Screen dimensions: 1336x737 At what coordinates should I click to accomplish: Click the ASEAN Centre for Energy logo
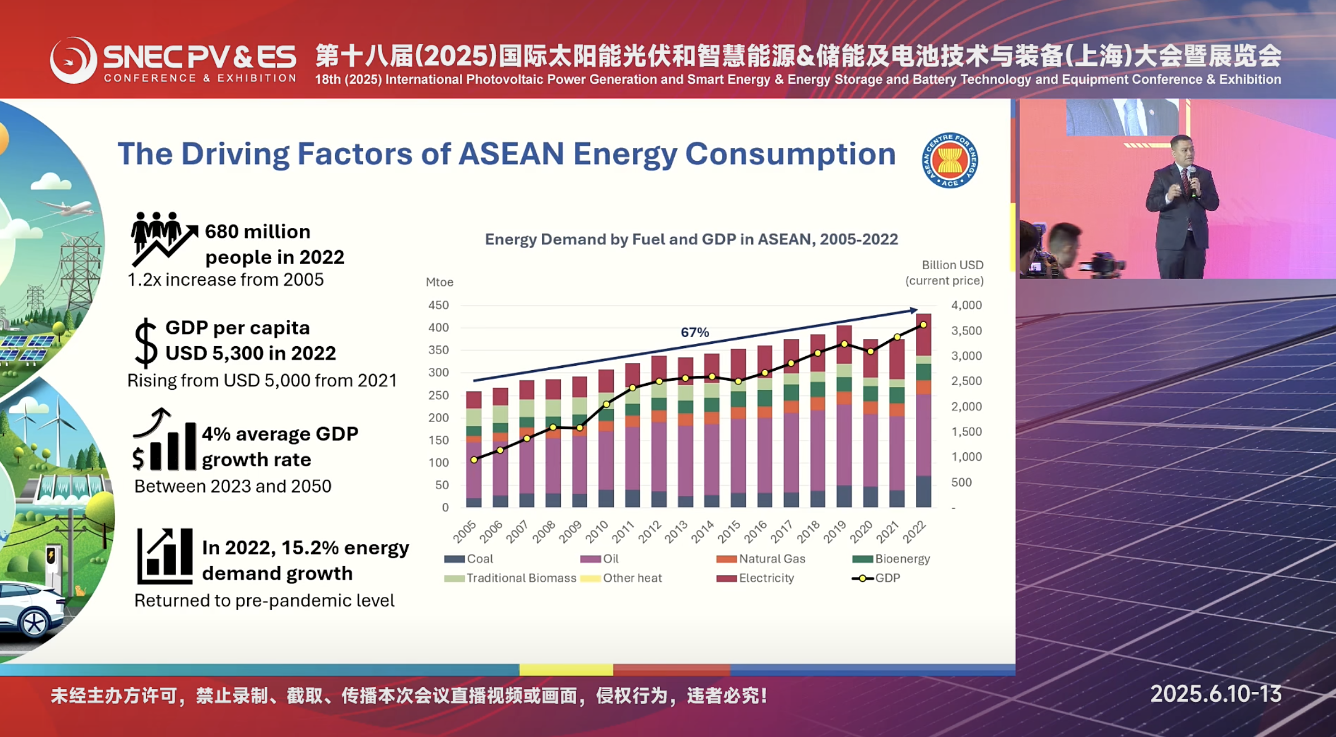click(950, 160)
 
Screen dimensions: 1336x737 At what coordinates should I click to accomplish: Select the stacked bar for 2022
click(924, 410)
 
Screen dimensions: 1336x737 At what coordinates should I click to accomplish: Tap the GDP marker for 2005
click(474, 460)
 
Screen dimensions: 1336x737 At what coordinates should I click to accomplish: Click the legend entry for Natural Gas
click(761, 558)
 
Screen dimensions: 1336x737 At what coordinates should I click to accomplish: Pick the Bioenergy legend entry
click(891, 558)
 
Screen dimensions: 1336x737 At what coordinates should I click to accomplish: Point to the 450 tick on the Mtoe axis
click(438, 305)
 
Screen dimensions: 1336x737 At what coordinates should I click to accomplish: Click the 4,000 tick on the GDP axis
click(966, 305)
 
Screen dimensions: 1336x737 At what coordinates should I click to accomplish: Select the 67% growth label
click(695, 332)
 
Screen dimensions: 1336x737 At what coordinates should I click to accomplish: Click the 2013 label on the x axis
click(676, 532)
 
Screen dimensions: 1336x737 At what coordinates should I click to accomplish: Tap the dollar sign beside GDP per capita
click(146, 343)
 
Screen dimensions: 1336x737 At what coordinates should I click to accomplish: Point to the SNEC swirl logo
click(73, 60)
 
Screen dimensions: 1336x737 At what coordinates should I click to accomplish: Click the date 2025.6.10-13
click(1215, 694)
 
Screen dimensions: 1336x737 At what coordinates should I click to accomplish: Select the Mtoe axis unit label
click(439, 282)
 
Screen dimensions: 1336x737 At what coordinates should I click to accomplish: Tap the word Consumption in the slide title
click(790, 154)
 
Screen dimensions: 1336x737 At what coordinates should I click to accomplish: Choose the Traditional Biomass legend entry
click(510, 578)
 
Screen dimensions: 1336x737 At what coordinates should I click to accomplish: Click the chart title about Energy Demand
click(691, 239)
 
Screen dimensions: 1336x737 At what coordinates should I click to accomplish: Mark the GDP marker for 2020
click(871, 351)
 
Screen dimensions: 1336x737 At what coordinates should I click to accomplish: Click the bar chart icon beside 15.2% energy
click(165, 556)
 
